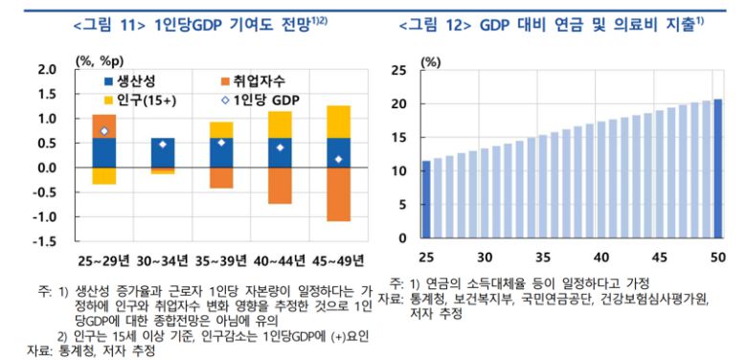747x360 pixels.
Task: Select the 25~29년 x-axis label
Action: coord(103,260)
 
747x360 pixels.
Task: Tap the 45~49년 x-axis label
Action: coord(338,260)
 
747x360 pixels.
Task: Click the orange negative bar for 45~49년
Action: coord(338,194)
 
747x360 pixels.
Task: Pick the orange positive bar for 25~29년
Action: coord(103,125)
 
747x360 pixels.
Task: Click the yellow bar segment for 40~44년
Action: coord(280,124)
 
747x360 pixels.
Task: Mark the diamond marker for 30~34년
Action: coord(163,145)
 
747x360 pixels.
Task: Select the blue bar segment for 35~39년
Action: coord(221,153)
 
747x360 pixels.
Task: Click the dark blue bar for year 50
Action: coord(717,169)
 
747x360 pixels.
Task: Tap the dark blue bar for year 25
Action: coord(426,199)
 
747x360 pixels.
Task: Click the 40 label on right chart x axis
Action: coord(601,257)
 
